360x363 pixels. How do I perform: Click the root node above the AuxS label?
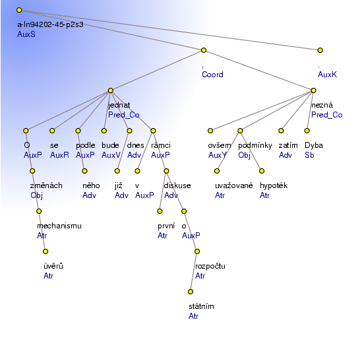click(19, 10)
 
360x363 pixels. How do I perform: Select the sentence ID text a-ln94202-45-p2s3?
click(50, 24)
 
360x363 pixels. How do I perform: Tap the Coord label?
click(212, 75)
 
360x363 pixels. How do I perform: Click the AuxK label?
click(327, 75)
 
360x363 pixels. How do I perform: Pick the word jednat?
click(119, 105)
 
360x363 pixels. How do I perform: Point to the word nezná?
click(322, 105)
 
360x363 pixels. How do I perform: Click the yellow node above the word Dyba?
click(307, 131)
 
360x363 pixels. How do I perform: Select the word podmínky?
click(255, 145)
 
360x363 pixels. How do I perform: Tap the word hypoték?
click(274, 185)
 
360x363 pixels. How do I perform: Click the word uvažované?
click(234, 185)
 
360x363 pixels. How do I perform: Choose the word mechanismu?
click(59, 226)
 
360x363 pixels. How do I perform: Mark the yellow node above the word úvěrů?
click(45, 251)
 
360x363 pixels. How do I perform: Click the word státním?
click(201, 306)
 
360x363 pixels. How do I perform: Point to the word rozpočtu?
click(210, 266)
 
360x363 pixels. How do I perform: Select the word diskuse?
click(177, 185)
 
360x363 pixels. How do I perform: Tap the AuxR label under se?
click(59, 155)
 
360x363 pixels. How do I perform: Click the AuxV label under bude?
click(111, 155)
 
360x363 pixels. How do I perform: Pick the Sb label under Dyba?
click(309, 155)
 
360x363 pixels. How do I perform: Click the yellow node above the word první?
click(160, 211)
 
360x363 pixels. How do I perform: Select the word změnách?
click(46, 185)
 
